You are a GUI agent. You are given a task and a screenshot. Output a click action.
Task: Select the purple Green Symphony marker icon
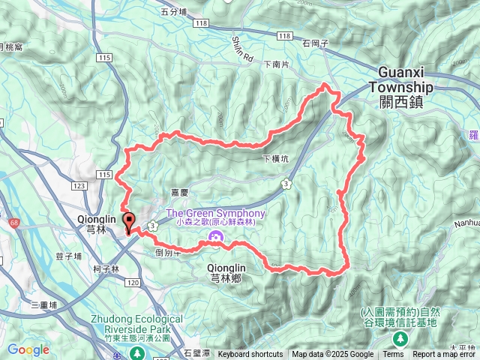(x=215, y=239)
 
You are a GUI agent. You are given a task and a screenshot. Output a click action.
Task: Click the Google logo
(x=28, y=349)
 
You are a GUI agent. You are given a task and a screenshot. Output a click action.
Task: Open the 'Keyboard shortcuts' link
(x=250, y=355)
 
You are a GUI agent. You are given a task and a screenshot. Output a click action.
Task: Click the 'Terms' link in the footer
(x=393, y=355)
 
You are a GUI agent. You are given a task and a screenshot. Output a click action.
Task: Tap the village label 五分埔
(x=173, y=11)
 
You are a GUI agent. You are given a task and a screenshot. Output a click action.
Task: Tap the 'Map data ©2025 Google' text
(x=332, y=355)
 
